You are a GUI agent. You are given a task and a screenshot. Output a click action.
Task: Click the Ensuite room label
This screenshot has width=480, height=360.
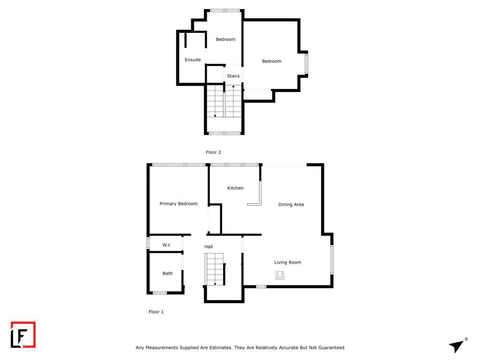click(193, 60)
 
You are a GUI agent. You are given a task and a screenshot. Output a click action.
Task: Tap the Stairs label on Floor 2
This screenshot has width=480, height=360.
click(233, 76)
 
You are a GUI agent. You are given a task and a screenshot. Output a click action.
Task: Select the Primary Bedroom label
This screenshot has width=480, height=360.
click(179, 203)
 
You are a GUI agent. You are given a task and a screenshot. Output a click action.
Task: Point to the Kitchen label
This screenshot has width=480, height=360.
click(235, 188)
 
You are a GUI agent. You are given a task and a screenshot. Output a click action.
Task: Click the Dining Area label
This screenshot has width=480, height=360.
click(291, 204)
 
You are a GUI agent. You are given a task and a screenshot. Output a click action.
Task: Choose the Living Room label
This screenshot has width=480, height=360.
click(287, 262)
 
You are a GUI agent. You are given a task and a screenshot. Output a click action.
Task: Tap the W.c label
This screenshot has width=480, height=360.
click(166, 245)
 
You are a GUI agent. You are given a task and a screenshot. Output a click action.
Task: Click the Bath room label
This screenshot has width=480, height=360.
click(167, 273)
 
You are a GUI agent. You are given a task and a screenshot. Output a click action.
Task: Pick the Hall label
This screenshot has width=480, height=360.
click(209, 247)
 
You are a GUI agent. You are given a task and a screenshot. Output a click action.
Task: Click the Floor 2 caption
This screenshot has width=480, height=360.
click(213, 152)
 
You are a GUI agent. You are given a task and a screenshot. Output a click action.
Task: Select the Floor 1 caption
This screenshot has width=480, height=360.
click(156, 312)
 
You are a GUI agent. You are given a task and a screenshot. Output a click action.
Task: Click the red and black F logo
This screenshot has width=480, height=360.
click(23, 335)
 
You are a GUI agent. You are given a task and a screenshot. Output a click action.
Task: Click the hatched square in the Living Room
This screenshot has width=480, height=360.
click(280, 276)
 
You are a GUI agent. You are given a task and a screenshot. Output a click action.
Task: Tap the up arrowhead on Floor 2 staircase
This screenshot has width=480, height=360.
click(233, 87)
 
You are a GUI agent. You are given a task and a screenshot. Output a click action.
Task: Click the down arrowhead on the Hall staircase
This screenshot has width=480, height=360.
click(215, 284)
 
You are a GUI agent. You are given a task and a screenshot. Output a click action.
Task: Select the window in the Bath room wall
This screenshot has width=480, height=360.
click(159, 293)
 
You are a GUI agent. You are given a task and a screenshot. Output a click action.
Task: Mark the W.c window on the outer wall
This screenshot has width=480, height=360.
click(148, 243)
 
